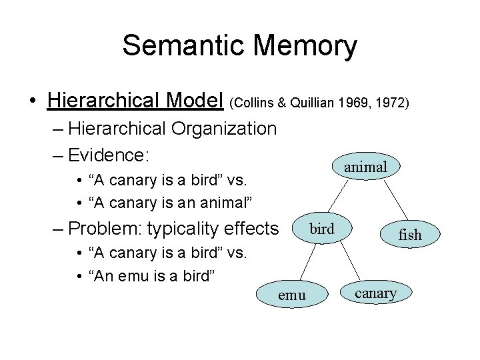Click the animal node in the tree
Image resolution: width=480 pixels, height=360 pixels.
tap(366, 167)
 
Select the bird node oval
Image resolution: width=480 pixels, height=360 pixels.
tap(323, 229)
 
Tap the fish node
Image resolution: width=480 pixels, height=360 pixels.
tap(410, 235)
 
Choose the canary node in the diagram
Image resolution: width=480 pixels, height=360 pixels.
tap(376, 292)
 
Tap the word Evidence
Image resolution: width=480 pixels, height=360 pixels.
tap(111, 155)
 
